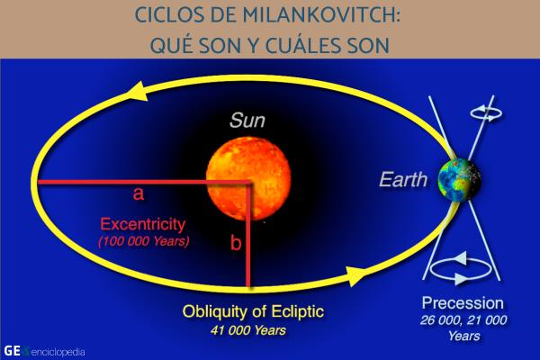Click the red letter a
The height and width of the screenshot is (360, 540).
click(139, 193)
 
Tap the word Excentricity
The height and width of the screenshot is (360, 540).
click(143, 224)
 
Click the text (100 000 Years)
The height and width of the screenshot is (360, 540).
click(142, 240)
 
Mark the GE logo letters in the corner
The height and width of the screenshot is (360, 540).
click(12, 348)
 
